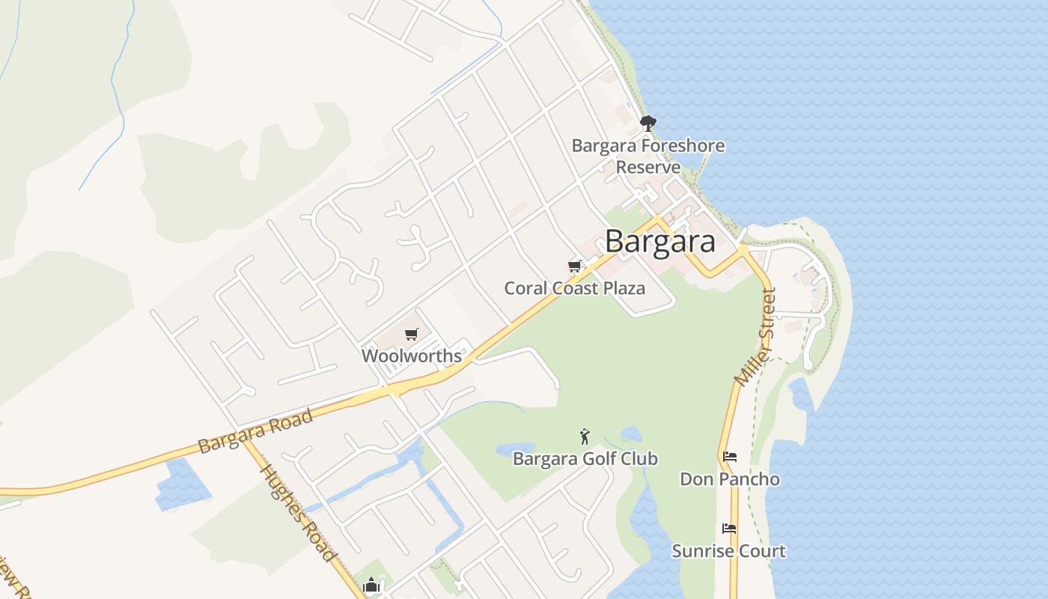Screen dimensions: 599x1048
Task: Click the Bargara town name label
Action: (659, 241)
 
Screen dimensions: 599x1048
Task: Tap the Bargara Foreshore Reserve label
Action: (648, 156)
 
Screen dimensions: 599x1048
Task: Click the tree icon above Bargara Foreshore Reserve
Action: (648, 123)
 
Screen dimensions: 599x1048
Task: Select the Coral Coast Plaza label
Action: (574, 288)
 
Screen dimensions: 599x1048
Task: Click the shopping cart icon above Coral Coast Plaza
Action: (575, 266)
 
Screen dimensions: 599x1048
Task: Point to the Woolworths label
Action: (412, 356)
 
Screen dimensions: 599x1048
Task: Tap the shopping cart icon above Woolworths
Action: (412, 334)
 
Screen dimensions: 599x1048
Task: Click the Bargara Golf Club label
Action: (585, 458)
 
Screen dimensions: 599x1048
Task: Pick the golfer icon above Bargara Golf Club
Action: (585, 436)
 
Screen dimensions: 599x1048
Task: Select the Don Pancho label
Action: (729, 479)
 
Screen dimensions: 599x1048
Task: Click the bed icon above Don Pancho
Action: (730, 456)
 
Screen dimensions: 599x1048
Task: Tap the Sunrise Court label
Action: (728, 551)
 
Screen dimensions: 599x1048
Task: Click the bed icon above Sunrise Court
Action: (729, 528)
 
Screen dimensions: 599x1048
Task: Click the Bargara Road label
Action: (255, 432)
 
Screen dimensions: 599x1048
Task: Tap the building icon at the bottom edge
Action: (372, 586)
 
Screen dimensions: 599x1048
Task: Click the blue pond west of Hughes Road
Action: (182, 485)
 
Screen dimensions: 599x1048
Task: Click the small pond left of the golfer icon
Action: (515, 449)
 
